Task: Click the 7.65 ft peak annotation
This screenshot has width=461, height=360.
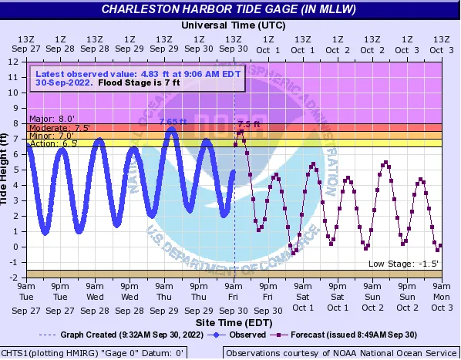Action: [x=172, y=121]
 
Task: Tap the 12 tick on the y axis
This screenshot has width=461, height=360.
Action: [x=14, y=62]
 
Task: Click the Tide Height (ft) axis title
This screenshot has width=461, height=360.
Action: [x=5, y=170]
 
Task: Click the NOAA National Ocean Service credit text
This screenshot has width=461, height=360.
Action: [x=341, y=353]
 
